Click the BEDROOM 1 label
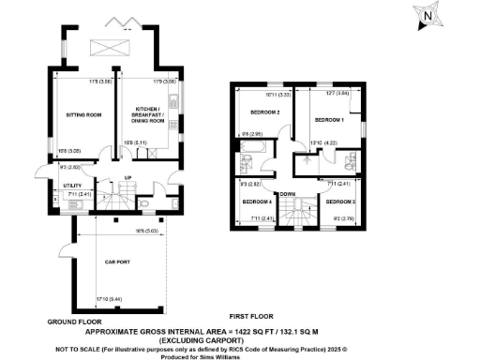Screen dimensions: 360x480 click(330, 120)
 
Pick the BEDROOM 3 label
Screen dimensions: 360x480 click(340, 202)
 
